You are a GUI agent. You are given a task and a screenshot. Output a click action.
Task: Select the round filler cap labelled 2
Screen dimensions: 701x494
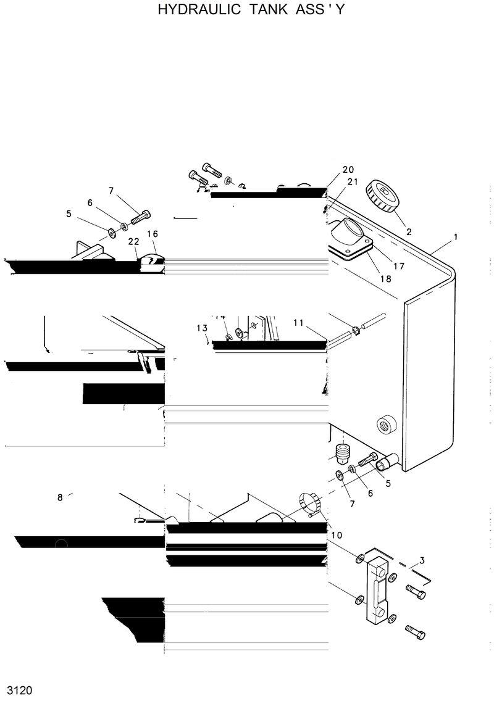(x=381, y=196)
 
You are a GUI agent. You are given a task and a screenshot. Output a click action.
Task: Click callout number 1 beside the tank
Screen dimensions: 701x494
(x=455, y=237)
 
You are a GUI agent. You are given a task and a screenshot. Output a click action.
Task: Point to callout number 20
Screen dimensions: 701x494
(x=348, y=170)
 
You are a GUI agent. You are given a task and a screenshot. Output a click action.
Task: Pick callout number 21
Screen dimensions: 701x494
(x=353, y=181)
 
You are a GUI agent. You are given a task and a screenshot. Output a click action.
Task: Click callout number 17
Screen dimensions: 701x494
(x=398, y=267)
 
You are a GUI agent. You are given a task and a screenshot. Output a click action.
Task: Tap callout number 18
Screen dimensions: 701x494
(x=385, y=278)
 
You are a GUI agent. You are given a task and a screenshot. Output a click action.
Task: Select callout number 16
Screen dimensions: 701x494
(x=153, y=234)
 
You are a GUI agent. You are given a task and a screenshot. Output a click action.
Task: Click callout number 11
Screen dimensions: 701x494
(x=299, y=323)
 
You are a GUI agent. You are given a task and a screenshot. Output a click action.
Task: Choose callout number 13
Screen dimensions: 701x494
(x=203, y=328)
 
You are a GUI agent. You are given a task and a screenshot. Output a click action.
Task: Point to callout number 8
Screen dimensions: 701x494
(x=60, y=497)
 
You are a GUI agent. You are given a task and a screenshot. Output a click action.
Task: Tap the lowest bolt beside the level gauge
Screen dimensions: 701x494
(x=416, y=633)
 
